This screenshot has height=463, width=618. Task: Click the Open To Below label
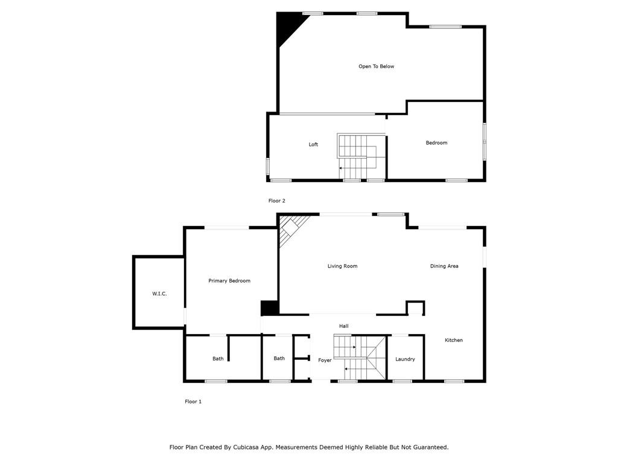coord(376,66)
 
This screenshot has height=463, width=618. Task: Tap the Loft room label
coord(313,145)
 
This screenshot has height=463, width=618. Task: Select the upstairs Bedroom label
coord(436,143)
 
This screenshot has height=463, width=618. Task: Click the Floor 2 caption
coord(276,201)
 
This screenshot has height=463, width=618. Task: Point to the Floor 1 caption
coord(193,402)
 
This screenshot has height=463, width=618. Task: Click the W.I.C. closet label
coord(159,294)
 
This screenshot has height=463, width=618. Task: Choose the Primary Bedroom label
coord(229,281)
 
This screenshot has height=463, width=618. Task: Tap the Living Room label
coord(342,266)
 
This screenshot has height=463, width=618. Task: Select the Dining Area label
coord(444,266)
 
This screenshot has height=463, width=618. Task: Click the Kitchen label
coord(454,340)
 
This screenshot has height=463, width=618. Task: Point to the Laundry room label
coord(405,359)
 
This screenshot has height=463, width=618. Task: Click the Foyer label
coord(325,360)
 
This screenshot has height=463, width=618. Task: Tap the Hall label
coord(343,326)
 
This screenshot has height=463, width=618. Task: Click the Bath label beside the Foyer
coord(279,359)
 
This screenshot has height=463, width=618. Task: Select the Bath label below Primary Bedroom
coord(218,359)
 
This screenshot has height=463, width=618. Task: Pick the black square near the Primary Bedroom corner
coord(269,307)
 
